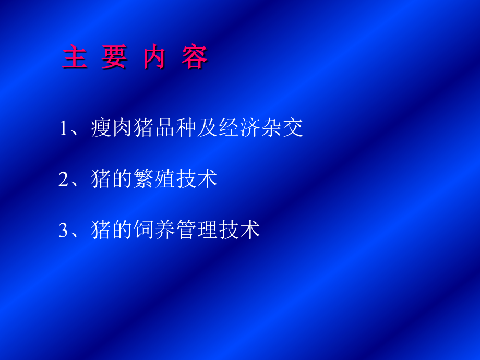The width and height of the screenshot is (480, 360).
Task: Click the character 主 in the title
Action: (x=74, y=57)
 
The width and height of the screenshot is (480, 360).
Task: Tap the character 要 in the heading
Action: (x=114, y=57)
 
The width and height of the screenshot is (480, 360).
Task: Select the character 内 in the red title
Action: (x=154, y=57)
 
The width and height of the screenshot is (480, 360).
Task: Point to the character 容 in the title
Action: (x=195, y=57)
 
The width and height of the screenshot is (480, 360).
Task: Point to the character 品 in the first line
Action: (x=165, y=128)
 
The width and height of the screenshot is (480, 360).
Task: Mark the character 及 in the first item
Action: (x=208, y=128)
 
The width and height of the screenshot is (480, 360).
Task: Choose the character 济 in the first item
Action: (x=250, y=128)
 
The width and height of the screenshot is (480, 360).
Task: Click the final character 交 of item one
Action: (x=293, y=128)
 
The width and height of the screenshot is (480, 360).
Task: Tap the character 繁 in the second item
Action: (x=144, y=179)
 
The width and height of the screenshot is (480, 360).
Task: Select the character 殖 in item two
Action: (x=165, y=179)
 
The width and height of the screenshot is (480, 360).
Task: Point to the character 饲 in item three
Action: (x=144, y=230)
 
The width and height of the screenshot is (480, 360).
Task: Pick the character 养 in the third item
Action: (x=165, y=230)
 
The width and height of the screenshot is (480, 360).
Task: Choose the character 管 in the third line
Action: (x=186, y=230)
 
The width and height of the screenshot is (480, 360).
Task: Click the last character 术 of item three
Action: (x=250, y=230)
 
